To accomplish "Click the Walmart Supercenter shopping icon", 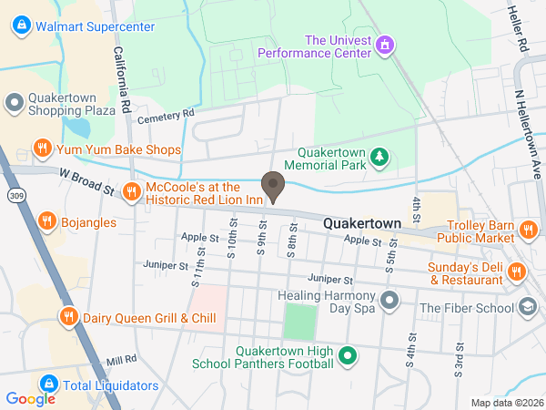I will (21, 26).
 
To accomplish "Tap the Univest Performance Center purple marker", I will (385, 44).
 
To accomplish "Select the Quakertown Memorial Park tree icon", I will (380, 160).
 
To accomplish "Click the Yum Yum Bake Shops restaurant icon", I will (41, 149).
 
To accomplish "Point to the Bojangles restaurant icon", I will (46, 220).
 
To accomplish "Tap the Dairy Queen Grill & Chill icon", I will (67, 317).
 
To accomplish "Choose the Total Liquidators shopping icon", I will (48, 384).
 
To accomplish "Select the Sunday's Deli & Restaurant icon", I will (516, 271).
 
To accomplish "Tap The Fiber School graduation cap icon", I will (527, 308).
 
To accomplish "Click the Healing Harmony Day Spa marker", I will (390, 300).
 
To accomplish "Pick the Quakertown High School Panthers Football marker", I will (346, 356).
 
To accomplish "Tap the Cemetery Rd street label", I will (166, 114).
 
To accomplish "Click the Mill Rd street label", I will (121, 360).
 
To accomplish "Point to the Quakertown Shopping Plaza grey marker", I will (14, 103).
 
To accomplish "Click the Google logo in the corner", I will (30, 398).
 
